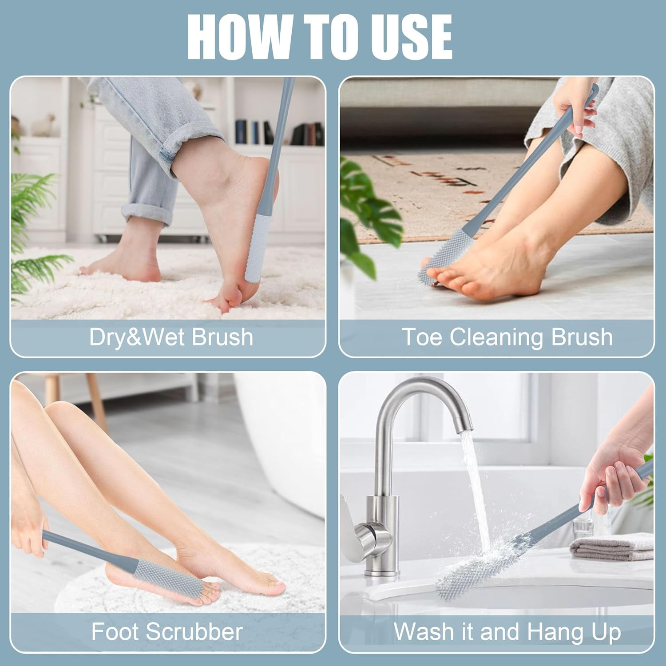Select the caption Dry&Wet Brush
[x=171, y=337]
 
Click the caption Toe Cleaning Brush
[x=507, y=337]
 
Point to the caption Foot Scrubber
[x=167, y=631]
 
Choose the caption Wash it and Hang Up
[x=507, y=631]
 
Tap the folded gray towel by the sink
[x=610, y=548]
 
